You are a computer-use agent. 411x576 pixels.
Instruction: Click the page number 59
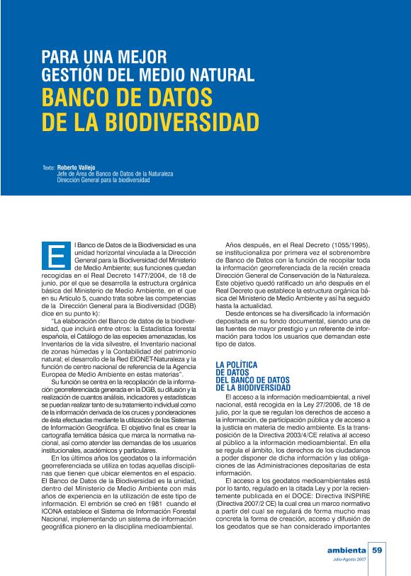(x=377, y=550)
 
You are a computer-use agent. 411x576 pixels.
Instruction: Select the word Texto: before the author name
(x=48, y=168)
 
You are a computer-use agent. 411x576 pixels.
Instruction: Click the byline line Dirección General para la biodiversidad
(x=103, y=180)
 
